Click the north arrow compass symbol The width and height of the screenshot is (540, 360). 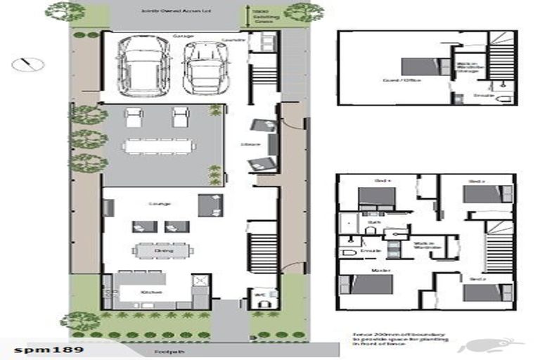tap(27, 64)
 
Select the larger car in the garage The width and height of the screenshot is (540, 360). tap(144, 65)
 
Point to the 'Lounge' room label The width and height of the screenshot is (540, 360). tap(159, 204)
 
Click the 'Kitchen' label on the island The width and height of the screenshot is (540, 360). tap(152, 292)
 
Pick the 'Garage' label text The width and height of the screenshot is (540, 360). tap(184, 35)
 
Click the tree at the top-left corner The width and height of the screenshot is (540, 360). tap(65, 11)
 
